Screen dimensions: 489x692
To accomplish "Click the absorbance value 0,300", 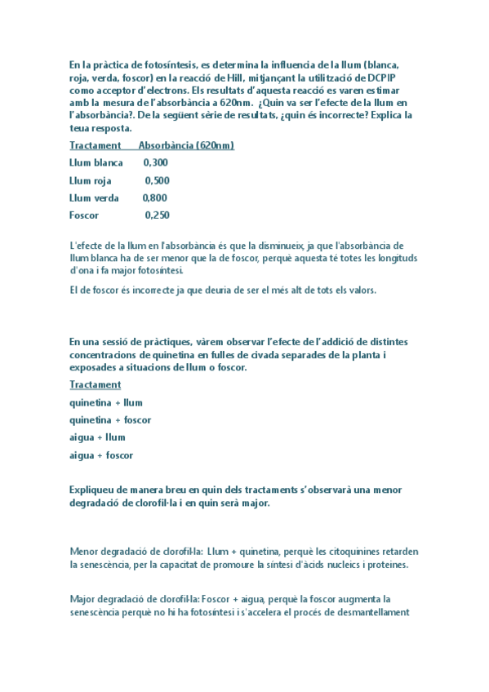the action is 155,163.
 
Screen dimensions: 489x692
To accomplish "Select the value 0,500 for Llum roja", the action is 157,180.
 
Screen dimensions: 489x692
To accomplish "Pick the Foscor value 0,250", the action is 157,215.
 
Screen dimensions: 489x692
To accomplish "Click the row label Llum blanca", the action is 96,163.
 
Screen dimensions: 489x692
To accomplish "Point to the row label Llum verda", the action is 94,198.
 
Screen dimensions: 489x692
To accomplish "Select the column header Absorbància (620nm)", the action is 186,145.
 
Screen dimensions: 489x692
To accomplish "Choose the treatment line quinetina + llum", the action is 105,402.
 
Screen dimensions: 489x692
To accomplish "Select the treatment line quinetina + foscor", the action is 110,420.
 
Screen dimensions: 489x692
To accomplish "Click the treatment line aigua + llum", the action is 97,437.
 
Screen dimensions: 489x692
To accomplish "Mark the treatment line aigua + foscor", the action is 101,455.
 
